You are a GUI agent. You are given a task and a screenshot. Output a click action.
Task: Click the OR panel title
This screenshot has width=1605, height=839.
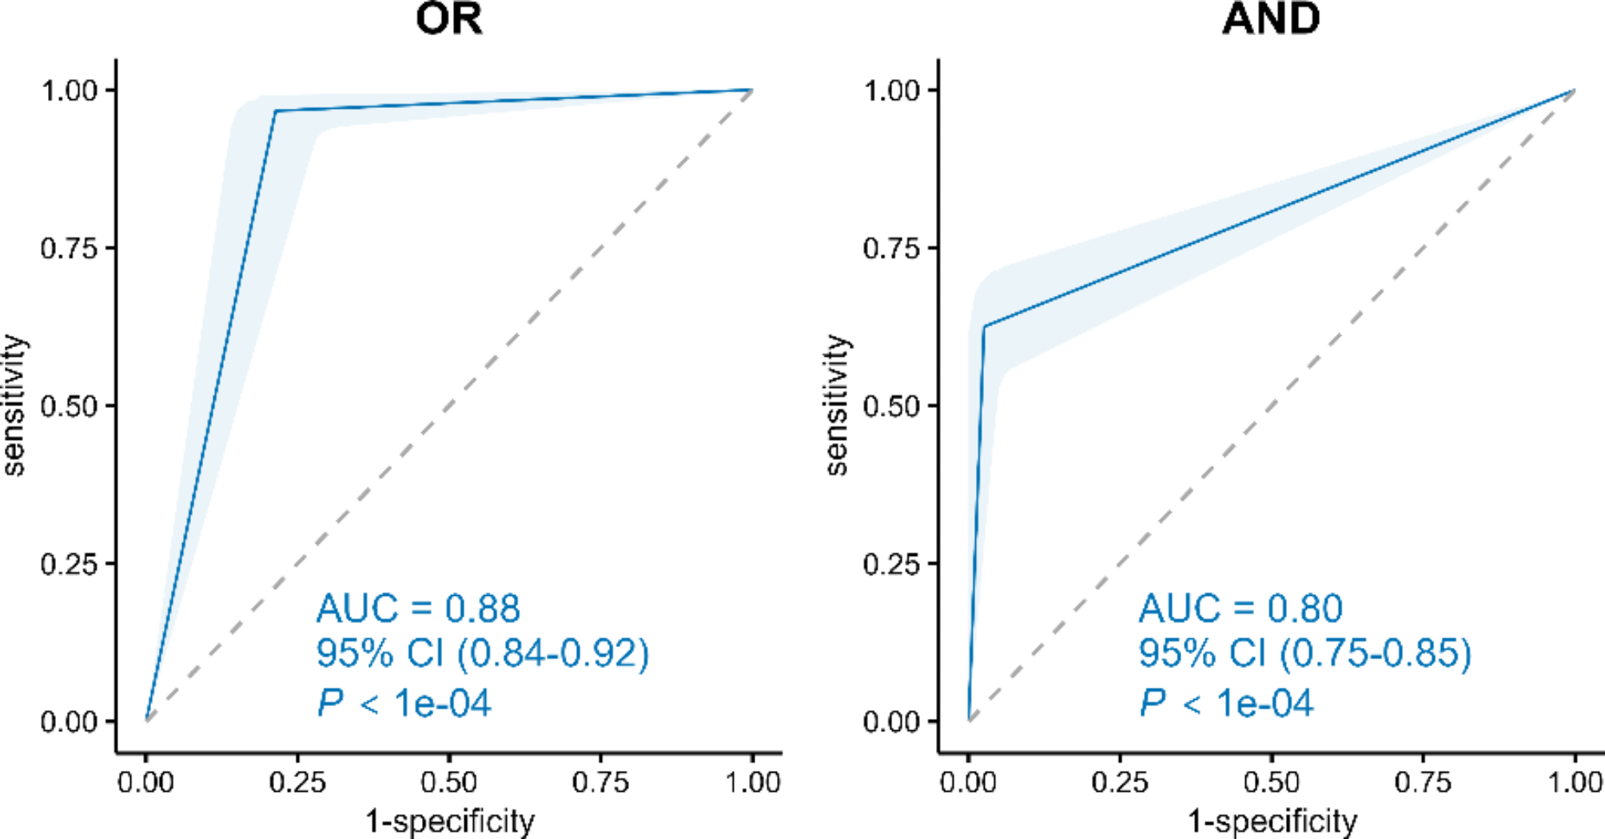coord(449,18)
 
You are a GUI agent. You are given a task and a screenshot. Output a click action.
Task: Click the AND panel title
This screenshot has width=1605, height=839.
coord(1271,18)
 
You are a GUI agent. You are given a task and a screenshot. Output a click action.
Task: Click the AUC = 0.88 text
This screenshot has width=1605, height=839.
coord(418,609)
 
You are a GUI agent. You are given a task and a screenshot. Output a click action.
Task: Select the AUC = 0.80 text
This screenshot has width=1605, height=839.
coord(1241,609)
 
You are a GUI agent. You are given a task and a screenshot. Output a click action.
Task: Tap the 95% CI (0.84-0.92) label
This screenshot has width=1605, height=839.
coord(483,654)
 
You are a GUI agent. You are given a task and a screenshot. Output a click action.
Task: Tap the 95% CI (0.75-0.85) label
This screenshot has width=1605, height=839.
coord(1304,654)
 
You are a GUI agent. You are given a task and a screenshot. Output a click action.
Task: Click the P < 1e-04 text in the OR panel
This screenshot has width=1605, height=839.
coord(404,704)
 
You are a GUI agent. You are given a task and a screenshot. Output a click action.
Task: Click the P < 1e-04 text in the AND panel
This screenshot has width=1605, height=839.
coord(1226,704)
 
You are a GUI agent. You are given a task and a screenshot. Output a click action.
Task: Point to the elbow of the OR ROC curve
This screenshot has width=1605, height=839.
coord(276,111)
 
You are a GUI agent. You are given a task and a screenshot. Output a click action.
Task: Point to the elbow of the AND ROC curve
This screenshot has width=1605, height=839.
coord(984,326)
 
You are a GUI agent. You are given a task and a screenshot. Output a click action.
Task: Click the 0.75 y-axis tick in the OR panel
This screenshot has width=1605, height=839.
coord(69,248)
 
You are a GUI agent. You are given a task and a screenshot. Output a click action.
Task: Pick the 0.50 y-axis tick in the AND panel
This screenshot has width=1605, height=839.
coord(891,406)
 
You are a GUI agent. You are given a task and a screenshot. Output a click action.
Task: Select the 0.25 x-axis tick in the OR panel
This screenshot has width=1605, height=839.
coord(297,782)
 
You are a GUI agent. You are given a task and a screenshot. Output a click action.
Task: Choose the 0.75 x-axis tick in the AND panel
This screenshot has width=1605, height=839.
coord(1423,782)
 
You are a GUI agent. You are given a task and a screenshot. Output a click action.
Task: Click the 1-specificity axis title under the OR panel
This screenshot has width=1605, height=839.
coord(449,821)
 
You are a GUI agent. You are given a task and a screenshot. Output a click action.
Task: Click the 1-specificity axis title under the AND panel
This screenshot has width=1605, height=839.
coord(1272,821)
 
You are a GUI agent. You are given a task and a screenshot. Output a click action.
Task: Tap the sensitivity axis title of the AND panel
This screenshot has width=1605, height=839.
coord(836,406)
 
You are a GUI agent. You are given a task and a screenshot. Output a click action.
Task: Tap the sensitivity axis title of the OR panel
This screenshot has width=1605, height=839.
coord(14,406)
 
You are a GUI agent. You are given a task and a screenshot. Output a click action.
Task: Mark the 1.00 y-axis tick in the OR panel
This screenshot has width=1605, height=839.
coord(69,90)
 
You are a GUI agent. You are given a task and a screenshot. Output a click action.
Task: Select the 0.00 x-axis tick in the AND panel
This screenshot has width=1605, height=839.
coord(968,782)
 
